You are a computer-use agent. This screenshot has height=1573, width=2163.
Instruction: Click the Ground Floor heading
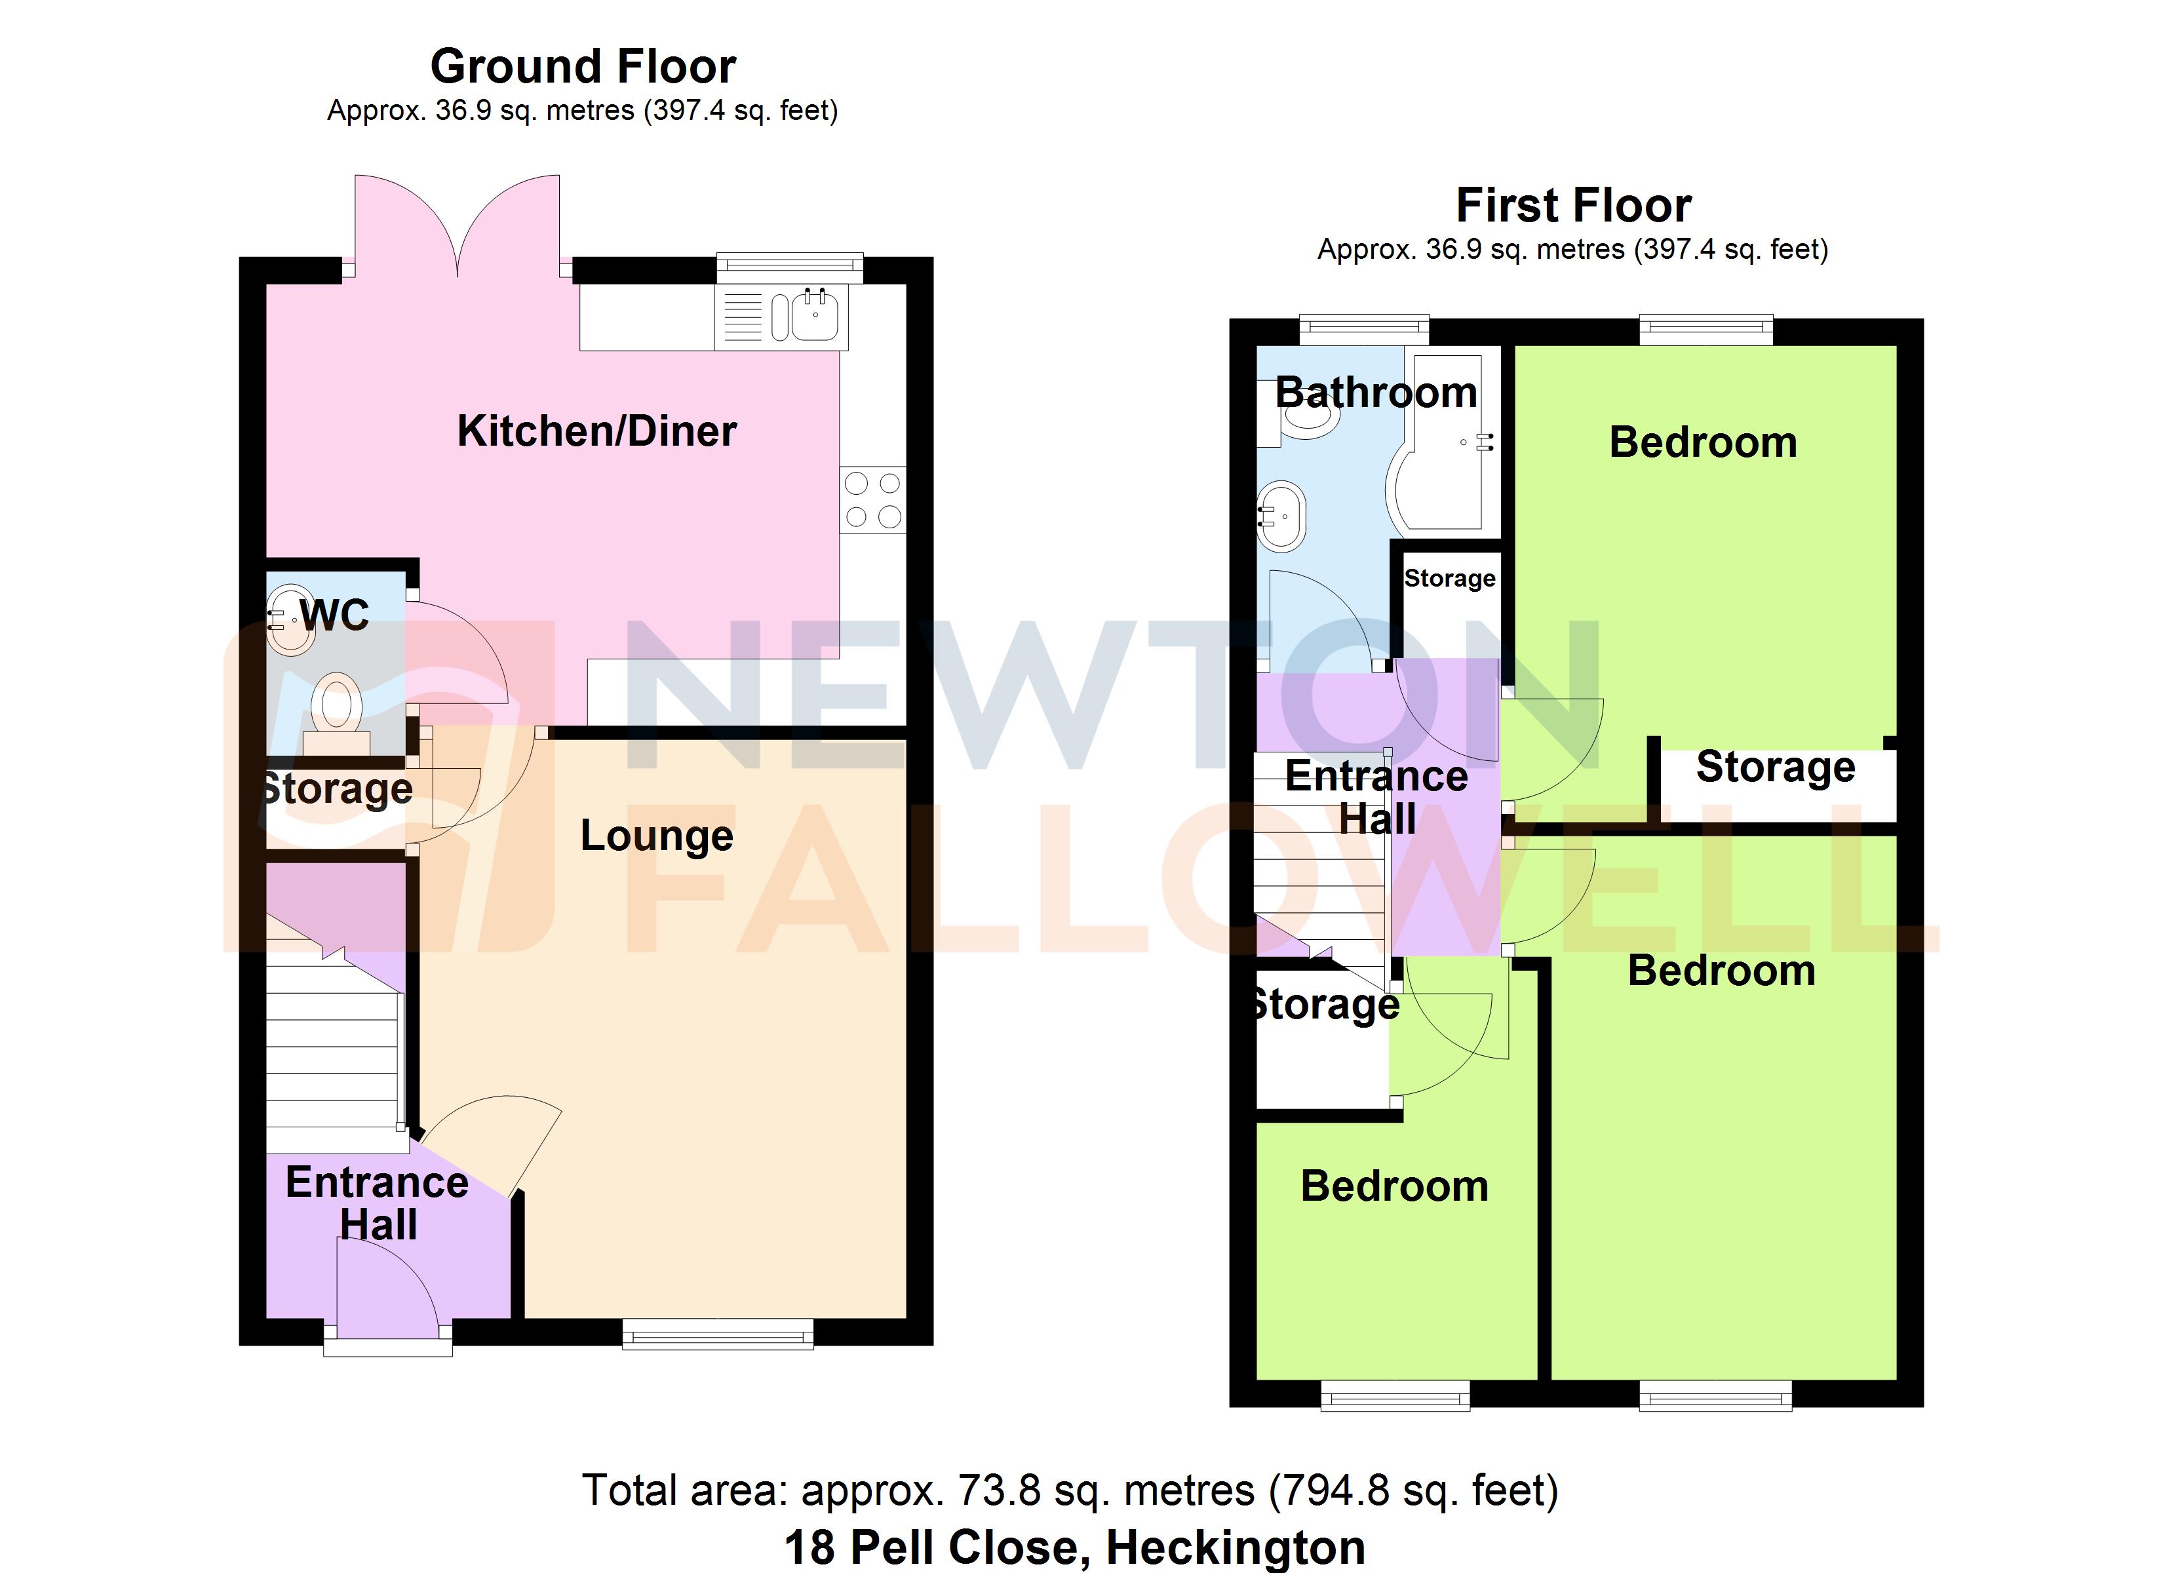583,67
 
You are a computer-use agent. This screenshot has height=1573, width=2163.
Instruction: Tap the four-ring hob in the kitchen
872,499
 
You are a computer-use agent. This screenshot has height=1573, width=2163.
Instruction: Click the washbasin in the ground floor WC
290,620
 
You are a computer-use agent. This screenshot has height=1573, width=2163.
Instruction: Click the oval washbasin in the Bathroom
1281,517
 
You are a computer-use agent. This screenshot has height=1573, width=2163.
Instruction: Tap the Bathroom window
1364,330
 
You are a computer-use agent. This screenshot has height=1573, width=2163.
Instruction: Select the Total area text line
1070,1490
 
